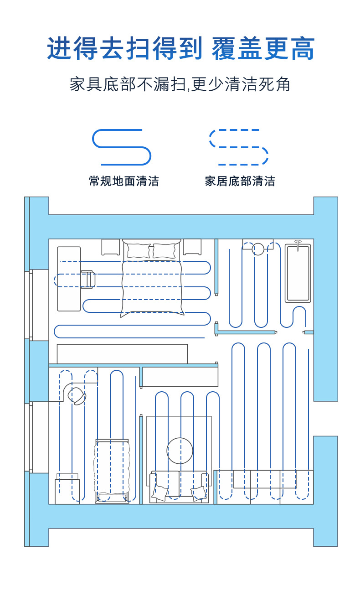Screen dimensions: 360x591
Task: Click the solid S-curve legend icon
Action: click(122, 147)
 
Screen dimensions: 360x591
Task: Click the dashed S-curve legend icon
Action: click(239, 147)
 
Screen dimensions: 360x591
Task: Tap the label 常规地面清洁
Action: click(124, 181)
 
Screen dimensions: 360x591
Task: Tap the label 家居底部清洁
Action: click(240, 181)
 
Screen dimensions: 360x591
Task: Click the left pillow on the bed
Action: click(138, 251)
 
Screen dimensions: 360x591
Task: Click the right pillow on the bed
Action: click(164, 251)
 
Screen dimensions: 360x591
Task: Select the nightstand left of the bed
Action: click(111, 247)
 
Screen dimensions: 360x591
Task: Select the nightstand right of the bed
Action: click(192, 247)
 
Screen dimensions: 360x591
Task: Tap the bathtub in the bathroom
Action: click(298, 273)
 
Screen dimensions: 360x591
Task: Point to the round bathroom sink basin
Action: click(258, 249)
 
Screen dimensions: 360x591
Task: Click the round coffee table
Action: click(180, 451)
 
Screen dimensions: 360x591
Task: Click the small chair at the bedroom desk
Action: click(87, 280)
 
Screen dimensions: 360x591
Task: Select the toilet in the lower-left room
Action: click(77, 396)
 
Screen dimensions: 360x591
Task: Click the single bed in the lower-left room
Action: click(112, 471)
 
